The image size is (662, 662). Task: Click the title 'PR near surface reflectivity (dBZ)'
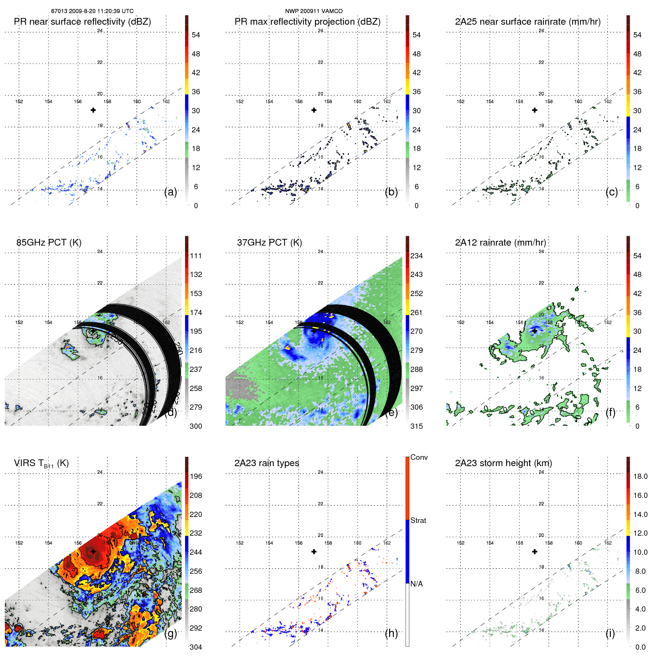(82, 22)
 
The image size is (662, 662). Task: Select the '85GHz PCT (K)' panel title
(49, 243)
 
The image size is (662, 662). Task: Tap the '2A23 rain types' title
(267, 463)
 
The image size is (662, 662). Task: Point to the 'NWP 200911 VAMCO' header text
(314, 11)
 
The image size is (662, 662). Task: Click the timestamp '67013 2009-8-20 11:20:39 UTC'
(92, 11)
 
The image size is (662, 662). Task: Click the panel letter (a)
(170, 192)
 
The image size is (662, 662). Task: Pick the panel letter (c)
(612, 192)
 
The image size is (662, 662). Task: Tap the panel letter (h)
(391, 633)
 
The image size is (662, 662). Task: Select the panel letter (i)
(610, 633)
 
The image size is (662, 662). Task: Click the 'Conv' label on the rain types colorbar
(419, 457)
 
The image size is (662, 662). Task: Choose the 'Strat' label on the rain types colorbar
(418, 520)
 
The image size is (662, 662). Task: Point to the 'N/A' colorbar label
(417, 584)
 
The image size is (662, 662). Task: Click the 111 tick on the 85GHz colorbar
(196, 256)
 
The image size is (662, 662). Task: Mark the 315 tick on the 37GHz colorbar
(416, 426)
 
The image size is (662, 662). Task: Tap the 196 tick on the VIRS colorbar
(196, 476)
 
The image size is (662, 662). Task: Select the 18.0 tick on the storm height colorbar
(640, 476)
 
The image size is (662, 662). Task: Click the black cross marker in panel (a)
(93, 110)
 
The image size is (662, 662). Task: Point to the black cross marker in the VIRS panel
(93, 551)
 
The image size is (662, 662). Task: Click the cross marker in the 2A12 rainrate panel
(535, 331)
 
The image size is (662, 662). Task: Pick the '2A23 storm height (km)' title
(504, 463)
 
